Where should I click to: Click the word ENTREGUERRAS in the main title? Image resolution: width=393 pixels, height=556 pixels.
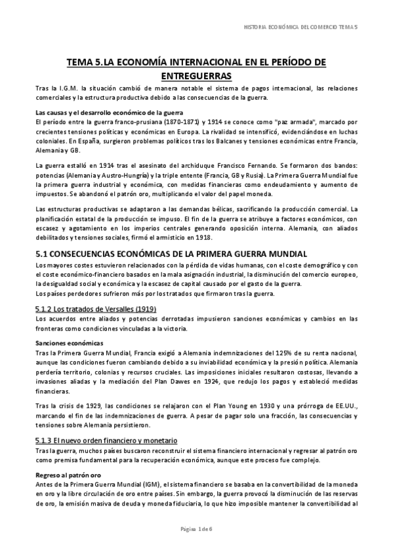point(197,75)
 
